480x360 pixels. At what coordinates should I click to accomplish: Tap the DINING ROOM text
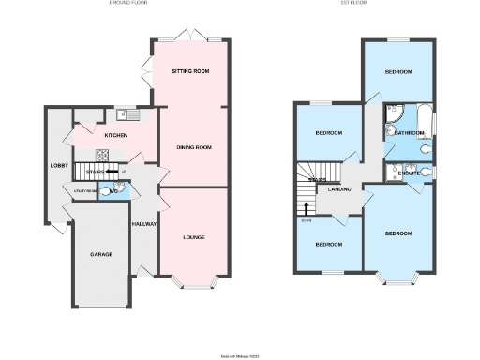click(194, 147)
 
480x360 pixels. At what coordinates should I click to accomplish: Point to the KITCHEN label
click(115, 136)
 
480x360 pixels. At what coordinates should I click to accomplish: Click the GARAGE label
click(100, 255)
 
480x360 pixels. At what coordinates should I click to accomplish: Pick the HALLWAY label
click(143, 225)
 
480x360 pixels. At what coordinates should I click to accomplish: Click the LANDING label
click(338, 188)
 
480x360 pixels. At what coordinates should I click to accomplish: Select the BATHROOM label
click(409, 133)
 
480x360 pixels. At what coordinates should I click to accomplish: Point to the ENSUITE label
click(410, 173)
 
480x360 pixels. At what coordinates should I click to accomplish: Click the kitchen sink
click(127, 115)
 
